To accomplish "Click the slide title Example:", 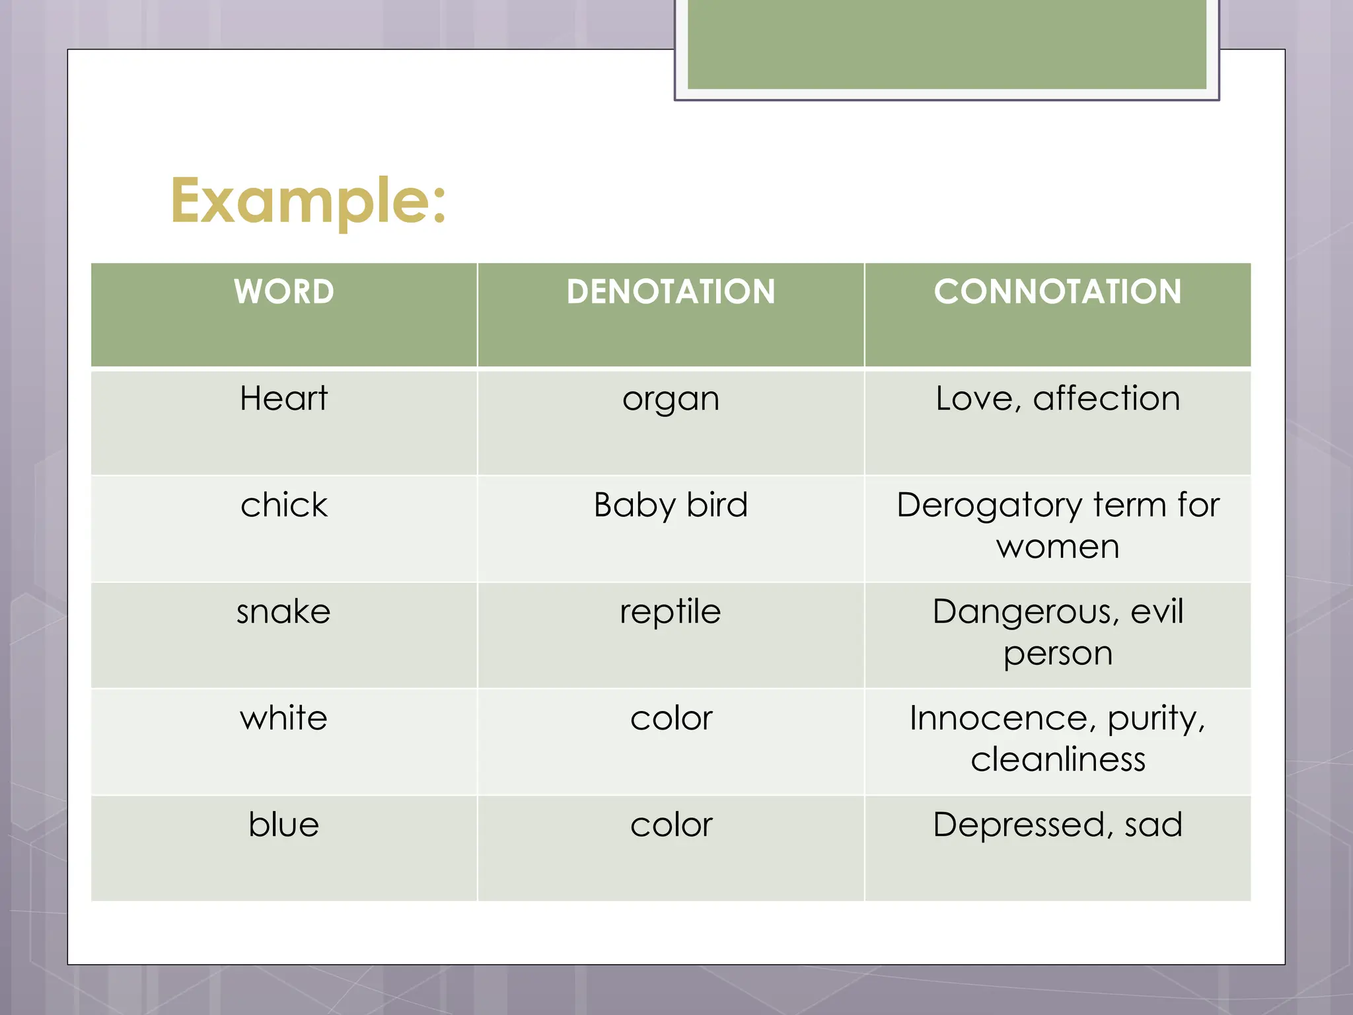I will click(x=309, y=201).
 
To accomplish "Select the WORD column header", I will click(x=284, y=291).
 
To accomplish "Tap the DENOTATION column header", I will click(x=671, y=291).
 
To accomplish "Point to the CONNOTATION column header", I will click(x=1058, y=291).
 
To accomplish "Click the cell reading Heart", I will click(x=283, y=398).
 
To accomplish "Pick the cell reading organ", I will click(x=671, y=400).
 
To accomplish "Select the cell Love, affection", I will click(x=1058, y=398).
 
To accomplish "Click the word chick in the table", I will click(x=283, y=506).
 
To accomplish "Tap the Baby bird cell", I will click(x=671, y=506).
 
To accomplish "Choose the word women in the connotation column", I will click(x=1058, y=547).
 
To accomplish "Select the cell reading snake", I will click(x=283, y=612).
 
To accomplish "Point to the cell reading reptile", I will click(x=671, y=612).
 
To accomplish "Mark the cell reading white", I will click(x=283, y=718).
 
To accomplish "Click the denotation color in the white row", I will click(x=671, y=719).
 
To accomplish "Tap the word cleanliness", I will click(x=1058, y=759).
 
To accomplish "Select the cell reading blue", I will click(x=283, y=825).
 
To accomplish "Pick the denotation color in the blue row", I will click(x=671, y=825).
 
